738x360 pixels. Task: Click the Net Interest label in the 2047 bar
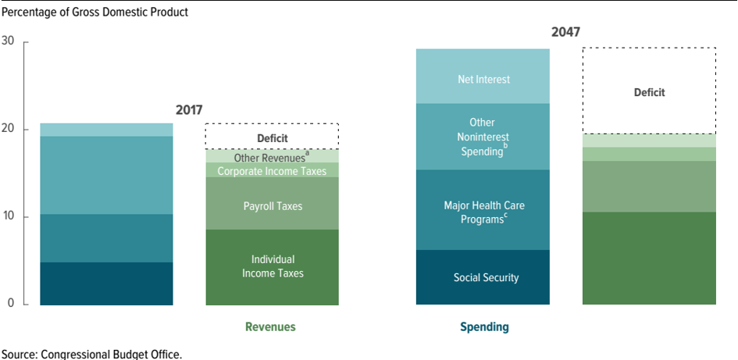coord(483,79)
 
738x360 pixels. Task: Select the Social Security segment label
coord(486,277)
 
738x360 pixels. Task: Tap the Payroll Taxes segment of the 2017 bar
coord(273,203)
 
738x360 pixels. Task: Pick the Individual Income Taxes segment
coord(273,267)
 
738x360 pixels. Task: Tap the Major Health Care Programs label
coord(484,212)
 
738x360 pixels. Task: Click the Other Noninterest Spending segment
coord(483,137)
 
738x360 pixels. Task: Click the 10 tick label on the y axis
coord(9,216)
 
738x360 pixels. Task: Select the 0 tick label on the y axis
coord(12,304)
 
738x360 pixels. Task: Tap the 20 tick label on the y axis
coord(9,129)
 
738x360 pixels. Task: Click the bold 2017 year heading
coord(189,110)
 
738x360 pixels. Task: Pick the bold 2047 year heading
coord(565,33)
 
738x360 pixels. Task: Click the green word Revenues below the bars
coord(271,327)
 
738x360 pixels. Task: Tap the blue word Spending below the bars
coord(484,327)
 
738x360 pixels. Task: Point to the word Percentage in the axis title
coord(26,12)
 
